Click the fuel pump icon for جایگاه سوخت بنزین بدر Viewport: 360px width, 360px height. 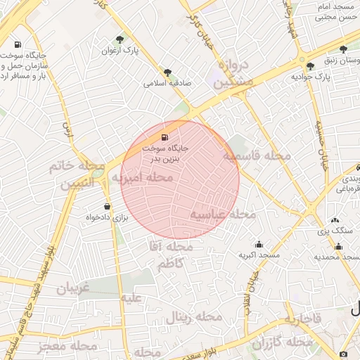pos(165,137)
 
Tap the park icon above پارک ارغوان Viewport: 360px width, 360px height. pos(120,39)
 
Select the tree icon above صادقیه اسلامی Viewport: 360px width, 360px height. pos(167,72)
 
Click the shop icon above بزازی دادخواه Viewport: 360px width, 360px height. pos(107,206)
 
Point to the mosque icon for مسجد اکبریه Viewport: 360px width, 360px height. pos(259,244)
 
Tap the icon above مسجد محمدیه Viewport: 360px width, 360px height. pos(339,246)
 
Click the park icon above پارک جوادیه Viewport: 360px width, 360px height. pos(311,65)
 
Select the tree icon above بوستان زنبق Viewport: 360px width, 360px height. pos(342,49)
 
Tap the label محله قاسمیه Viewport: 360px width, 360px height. pos(256,155)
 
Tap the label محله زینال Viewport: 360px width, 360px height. pos(193,318)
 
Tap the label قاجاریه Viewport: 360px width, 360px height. pos(304,319)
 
